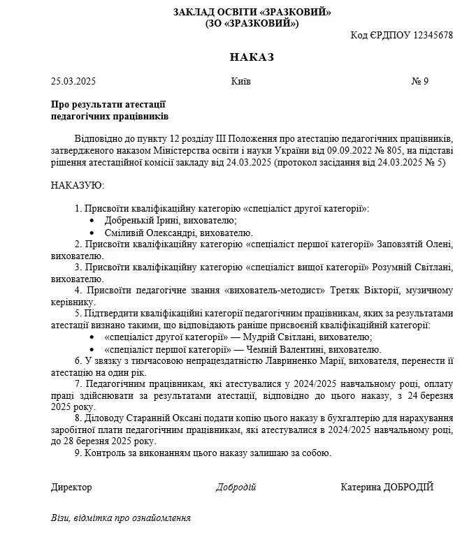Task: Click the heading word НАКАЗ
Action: coord(252,57)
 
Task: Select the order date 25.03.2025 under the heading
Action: coord(73,81)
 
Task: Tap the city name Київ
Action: coord(240,81)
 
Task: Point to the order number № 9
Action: coord(420,81)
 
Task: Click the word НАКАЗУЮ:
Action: coord(77,185)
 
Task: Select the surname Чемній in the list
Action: coord(274,349)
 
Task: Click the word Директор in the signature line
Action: coord(71,488)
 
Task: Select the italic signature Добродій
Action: coord(236,488)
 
